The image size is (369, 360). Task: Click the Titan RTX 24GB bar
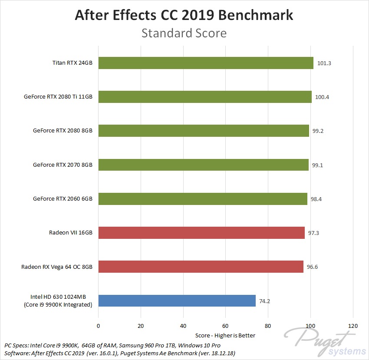click(206, 63)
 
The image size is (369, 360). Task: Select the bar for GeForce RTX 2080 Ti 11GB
click(205, 97)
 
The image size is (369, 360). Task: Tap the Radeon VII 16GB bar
click(201, 233)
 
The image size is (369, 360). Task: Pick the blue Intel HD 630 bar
click(177, 301)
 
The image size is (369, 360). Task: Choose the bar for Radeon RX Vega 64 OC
click(201, 267)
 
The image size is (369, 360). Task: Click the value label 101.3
click(324, 63)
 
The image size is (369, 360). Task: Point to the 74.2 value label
click(266, 301)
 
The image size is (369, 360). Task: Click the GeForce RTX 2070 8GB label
click(63, 165)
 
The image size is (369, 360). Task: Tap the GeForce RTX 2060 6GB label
click(63, 199)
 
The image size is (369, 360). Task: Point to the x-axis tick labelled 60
click(226, 326)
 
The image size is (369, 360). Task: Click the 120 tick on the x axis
click(353, 326)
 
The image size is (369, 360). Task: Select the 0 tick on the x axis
click(99, 326)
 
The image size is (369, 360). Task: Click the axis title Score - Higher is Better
click(226, 335)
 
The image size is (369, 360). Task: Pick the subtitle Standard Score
click(184, 33)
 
